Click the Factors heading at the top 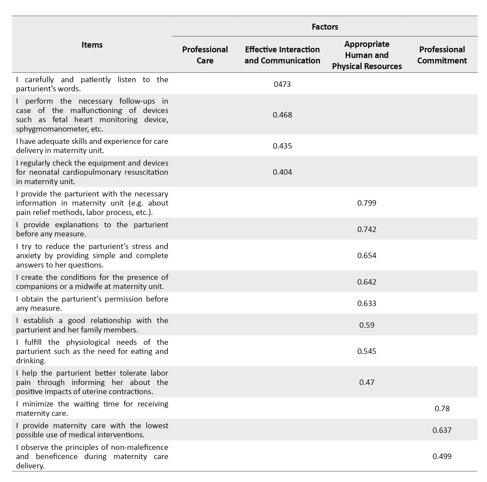pos(325,27)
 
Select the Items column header pos(92,45)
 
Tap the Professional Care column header pos(205,55)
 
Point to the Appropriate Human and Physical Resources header pos(366,55)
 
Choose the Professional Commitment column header pos(442,55)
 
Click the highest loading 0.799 pos(366,203)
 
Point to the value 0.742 pos(366,229)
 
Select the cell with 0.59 pos(366,325)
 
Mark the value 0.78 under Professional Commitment pos(442,408)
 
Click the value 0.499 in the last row pos(442,456)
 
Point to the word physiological pos(88,342)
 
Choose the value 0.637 pos(442,430)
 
